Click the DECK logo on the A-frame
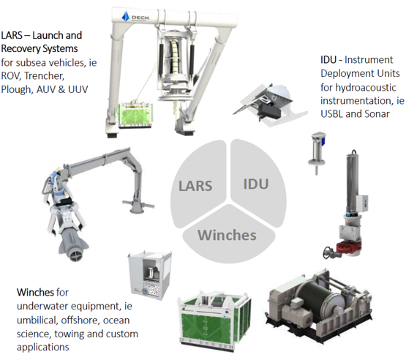coord(135,17)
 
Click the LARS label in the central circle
coord(195,186)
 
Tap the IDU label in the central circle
coord(256,184)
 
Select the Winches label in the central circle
coord(227,235)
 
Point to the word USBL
coord(331,113)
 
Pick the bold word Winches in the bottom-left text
coord(35,292)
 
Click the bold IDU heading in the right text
coord(328,60)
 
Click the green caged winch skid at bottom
coord(214,320)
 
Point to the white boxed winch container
coord(150,275)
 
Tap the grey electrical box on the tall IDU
coord(361,203)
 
